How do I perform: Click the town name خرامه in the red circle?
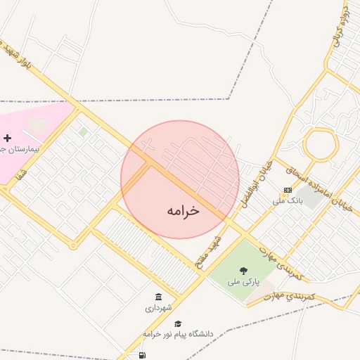[x=184, y=210]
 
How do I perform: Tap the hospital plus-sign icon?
[x=8, y=139]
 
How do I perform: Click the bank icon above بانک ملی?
[x=288, y=191]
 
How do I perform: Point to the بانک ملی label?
[x=287, y=201]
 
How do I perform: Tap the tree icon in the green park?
[x=243, y=271]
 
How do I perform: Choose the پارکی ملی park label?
[x=243, y=282]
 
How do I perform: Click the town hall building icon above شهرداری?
[x=158, y=297]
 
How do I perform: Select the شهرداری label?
[x=158, y=308]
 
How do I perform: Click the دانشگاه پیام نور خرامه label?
[x=177, y=333]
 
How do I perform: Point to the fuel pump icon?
[x=143, y=355]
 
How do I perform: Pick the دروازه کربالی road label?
[x=341, y=32]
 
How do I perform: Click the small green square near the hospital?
[x=83, y=131]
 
